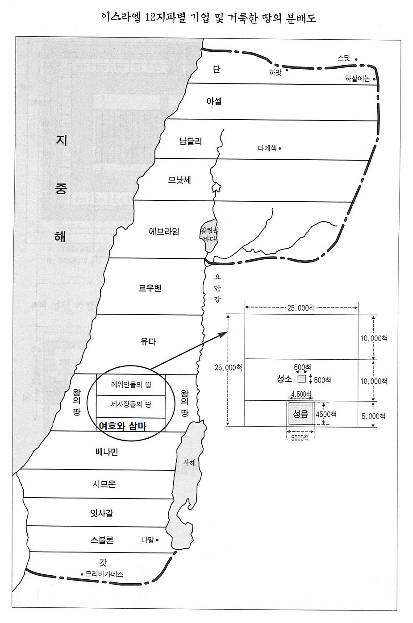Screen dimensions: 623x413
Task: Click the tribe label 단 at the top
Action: (x=217, y=69)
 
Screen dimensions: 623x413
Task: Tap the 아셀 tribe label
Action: (x=214, y=101)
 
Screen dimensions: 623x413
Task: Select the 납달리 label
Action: (x=191, y=141)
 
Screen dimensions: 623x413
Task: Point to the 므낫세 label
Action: (x=179, y=180)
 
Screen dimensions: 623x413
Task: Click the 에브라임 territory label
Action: (x=164, y=231)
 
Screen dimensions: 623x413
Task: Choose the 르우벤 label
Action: (x=150, y=288)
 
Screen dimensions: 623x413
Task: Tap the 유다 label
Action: (x=148, y=342)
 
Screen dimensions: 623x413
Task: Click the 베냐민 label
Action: (x=107, y=452)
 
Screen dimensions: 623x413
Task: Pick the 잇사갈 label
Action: (x=102, y=513)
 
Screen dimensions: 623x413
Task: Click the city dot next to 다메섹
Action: (x=280, y=149)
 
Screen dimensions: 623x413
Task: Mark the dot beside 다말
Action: (x=157, y=540)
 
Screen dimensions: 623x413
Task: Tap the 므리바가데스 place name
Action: (x=104, y=574)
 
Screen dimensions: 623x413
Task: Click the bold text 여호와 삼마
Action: (x=123, y=426)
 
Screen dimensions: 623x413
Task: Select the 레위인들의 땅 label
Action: (x=131, y=384)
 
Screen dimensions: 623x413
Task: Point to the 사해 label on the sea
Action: (x=190, y=463)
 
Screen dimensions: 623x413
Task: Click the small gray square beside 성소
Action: (x=302, y=379)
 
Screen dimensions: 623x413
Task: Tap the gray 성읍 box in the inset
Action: (x=300, y=414)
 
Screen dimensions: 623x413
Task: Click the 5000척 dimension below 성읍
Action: (x=300, y=438)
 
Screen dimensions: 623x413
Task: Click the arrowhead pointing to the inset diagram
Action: (x=224, y=332)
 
